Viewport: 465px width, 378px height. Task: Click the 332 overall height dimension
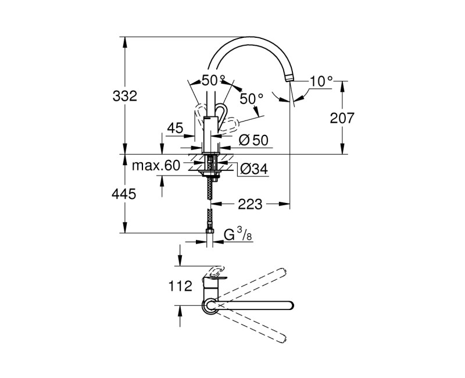[124, 96]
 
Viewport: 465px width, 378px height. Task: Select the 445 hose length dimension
[124, 194]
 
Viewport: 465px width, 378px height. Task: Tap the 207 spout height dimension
[342, 118]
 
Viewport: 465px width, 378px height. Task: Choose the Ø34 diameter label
[253, 169]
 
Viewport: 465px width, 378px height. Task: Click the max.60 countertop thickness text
[155, 166]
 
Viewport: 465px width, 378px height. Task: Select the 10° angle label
[320, 81]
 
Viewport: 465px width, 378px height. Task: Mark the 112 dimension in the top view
[181, 286]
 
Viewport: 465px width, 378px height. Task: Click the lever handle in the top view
[214, 273]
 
